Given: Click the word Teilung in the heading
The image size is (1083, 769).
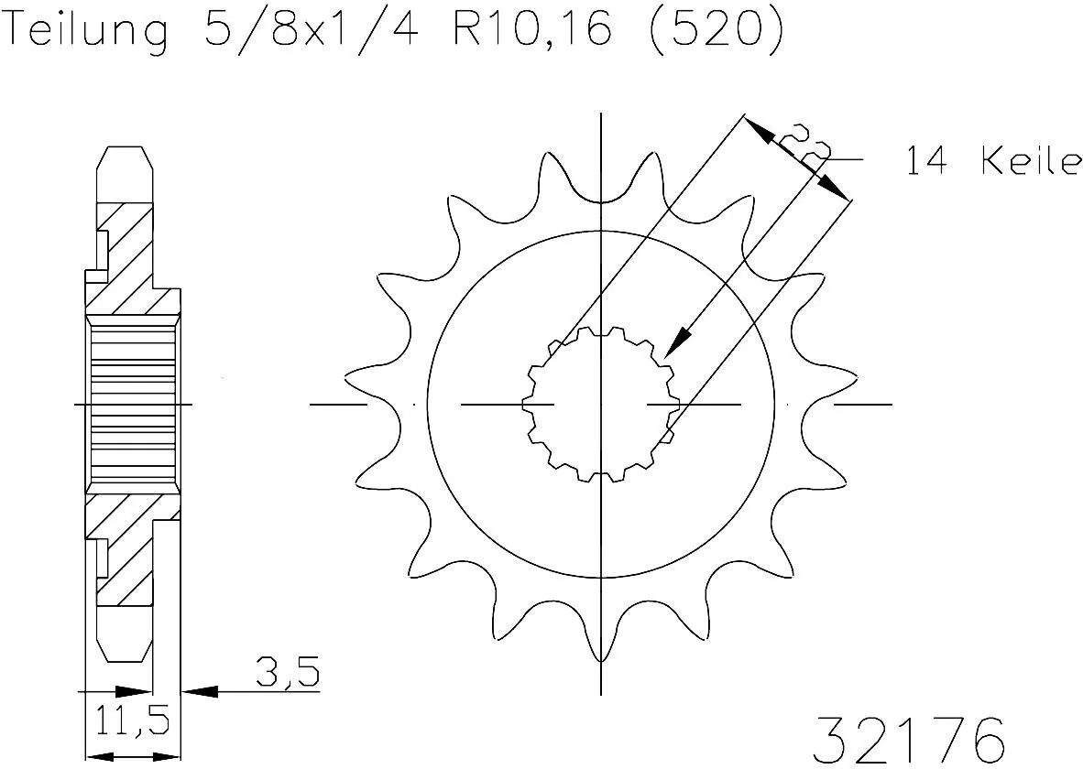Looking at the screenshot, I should tap(88, 30).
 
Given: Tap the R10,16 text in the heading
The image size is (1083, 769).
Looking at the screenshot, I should tap(531, 30).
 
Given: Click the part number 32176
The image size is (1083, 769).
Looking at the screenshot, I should tap(910, 738).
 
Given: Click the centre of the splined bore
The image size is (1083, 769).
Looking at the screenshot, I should tap(600, 404).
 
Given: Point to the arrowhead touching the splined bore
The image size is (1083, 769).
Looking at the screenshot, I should tap(676, 345).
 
